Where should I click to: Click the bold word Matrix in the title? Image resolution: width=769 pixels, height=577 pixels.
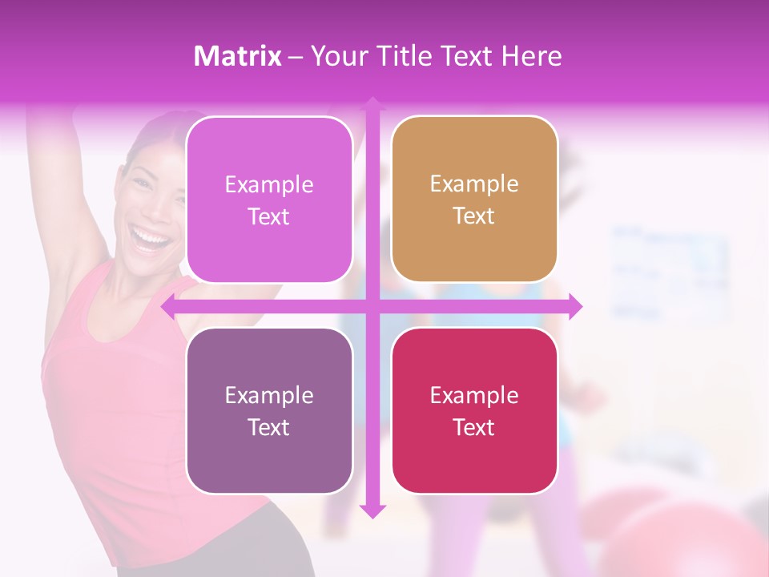238,56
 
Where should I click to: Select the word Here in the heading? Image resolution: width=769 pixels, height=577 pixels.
531,56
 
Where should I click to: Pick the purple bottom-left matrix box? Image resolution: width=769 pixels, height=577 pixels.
269,457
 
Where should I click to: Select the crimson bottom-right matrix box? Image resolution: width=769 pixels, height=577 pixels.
474,457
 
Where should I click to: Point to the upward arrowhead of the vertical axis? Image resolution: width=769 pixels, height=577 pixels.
372,104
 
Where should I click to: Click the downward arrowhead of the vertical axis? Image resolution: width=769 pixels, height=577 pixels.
372,510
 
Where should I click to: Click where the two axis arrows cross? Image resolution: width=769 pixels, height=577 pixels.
372,306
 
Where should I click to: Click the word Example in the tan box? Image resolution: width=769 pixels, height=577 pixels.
473,184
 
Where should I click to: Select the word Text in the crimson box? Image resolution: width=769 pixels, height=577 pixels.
473,427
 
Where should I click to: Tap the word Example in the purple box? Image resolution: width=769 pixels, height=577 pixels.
268,395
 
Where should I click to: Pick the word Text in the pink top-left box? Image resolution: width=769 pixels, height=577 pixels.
268,216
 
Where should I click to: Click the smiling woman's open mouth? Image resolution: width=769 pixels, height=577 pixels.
151,238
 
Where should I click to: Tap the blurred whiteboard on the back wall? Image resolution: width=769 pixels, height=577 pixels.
669,272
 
